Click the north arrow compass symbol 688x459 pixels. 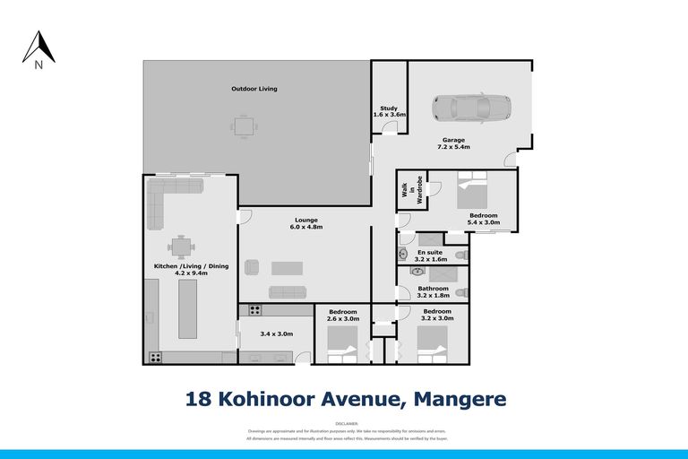(x=39, y=48)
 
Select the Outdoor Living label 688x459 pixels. (x=254, y=89)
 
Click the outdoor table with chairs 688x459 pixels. (x=243, y=126)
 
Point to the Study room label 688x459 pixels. (x=389, y=111)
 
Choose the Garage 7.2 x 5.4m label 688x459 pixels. (x=454, y=143)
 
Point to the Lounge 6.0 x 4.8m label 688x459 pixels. (x=306, y=223)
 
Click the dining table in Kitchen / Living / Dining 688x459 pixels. (x=182, y=246)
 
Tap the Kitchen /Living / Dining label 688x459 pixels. (x=181, y=271)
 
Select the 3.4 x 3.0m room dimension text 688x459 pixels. (x=276, y=333)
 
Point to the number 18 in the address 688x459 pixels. (x=199, y=397)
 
